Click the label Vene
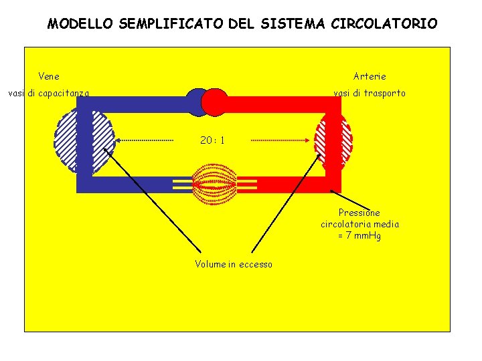(49, 76)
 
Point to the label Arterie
(370, 76)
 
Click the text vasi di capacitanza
(48, 93)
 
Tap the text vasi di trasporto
(370, 93)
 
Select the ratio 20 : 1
(212, 140)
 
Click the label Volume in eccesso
(234, 264)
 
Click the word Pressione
(359, 213)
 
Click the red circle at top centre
(215, 102)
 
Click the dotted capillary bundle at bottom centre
(215, 184)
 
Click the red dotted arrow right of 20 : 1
(281, 140)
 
